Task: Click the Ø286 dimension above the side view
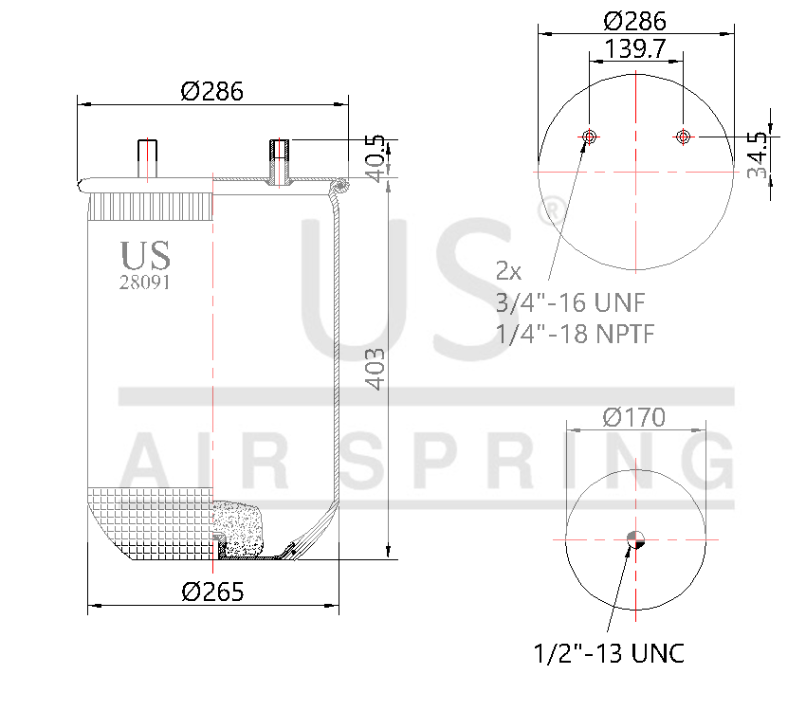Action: [212, 91]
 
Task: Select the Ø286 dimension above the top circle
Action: [634, 21]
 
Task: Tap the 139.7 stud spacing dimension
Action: [634, 49]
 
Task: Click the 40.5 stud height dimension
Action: [376, 157]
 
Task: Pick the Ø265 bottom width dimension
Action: [212, 592]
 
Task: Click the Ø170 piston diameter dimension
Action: [634, 416]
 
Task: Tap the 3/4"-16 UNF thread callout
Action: [571, 302]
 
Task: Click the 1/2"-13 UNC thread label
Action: [608, 653]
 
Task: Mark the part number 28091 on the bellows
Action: [145, 282]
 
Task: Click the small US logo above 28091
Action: [145, 255]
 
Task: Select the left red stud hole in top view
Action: [589, 137]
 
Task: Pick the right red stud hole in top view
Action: [682, 137]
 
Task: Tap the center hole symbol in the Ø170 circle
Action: [634, 540]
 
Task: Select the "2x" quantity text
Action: [509, 272]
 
